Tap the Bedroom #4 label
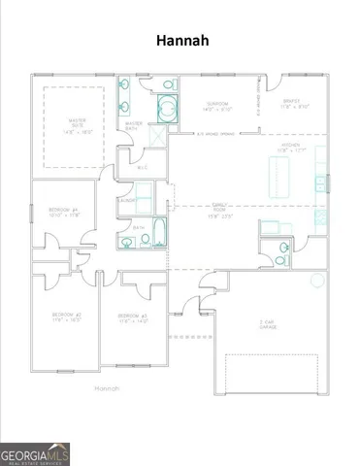tap(63, 213)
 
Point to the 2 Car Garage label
tap(268, 326)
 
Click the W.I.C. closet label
tap(142, 168)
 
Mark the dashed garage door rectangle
tap(273, 373)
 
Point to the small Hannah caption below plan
tap(107, 388)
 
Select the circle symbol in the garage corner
tap(316, 280)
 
